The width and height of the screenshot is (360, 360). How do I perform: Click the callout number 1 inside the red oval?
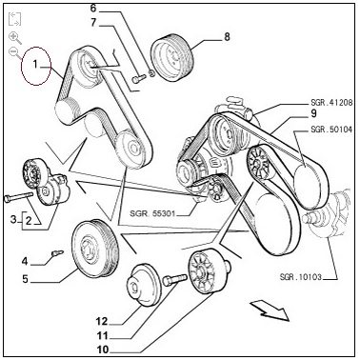pyautogui.click(x=35, y=65)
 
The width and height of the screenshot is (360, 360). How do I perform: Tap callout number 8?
pyautogui.click(x=227, y=37)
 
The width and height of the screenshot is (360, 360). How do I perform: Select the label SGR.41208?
pyautogui.click(x=331, y=103)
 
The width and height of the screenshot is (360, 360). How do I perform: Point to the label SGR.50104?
pyautogui.click(x=331, y=130)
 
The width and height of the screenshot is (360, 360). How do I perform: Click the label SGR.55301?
pyautogui.click(x=152, y=213)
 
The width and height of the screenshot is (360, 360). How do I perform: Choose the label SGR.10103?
pyautogui.click(x=301, y=277)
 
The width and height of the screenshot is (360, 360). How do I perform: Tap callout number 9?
pyautogui.click(x=313, y=113)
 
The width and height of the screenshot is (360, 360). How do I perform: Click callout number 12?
pyautogui.click(x=102, y=321)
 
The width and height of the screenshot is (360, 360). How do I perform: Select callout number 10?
pyautogui.click(x=103, y=350)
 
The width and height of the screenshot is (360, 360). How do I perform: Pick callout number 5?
pyautogui.click(x=25, y=279)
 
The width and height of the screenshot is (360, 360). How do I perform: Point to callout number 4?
pyautogui.click(x=25, y=262)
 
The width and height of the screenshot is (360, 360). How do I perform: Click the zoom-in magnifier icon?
pyautogui.click(x=14, y=38)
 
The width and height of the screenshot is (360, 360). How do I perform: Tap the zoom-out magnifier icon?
pyautogui.click(x=14, y=52)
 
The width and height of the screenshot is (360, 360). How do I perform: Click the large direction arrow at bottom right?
pyautogui.click(x=270, y=310)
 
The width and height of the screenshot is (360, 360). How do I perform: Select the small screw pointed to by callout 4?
pyautogui.click(x=57, y=252)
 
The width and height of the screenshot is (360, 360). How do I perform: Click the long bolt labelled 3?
pyautogui.click(x=19, y=196)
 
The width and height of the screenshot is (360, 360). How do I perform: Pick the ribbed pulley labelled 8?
pyautogui.click(x=171, y=57)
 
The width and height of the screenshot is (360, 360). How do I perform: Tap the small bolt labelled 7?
pyautogui.click(x=138, y=79)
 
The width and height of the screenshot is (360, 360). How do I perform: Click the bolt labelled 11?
pyautogui.click(x=174, y=280)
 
